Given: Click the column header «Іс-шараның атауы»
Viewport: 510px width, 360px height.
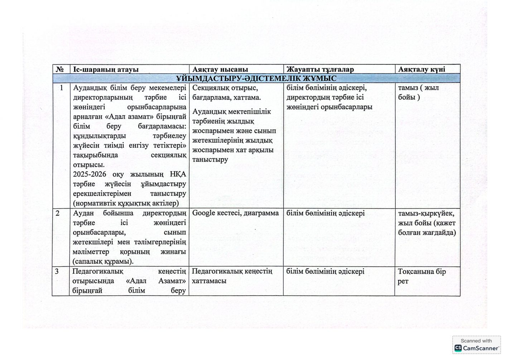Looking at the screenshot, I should coord(106,69).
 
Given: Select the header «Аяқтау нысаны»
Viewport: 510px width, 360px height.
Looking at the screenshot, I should coord(220,69).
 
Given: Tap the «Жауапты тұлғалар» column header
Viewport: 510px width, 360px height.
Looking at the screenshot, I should coord(320,69).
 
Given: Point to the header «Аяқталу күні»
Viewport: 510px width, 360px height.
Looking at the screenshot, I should coord(422,69).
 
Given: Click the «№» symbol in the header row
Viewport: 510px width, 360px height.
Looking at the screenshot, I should coord(60,69).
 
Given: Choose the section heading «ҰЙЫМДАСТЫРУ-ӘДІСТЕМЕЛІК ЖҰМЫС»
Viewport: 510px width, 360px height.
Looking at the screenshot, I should coord(256,78).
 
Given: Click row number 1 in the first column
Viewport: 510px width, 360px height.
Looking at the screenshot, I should coord(61,88).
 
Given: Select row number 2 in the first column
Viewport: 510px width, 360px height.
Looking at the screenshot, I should coord(57,213).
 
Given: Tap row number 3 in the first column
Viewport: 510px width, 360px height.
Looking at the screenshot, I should coord(57,272).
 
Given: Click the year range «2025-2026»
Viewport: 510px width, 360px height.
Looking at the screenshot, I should coord(90,174).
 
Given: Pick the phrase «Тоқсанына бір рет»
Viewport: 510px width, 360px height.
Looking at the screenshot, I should coord(421,276).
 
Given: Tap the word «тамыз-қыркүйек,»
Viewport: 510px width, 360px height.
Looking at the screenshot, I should coord(426,214).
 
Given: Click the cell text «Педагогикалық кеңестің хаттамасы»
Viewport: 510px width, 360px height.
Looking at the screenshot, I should coord(232,276).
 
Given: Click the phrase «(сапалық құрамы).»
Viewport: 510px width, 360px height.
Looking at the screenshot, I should coord(103,262).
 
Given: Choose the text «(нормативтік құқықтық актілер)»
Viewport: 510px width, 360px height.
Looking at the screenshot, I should coord(125,203).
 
